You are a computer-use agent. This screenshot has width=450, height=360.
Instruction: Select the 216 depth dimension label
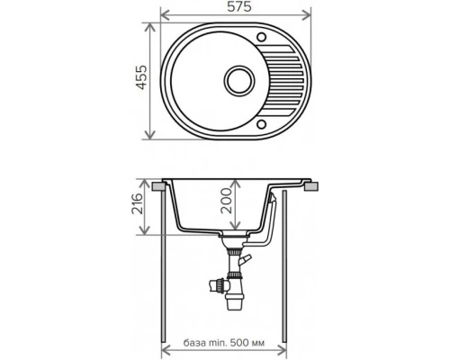coord(135,208)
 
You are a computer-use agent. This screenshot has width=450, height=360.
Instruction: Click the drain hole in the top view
coord(242,79)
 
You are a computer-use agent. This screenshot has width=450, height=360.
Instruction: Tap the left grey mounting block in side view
coord(161,185)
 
